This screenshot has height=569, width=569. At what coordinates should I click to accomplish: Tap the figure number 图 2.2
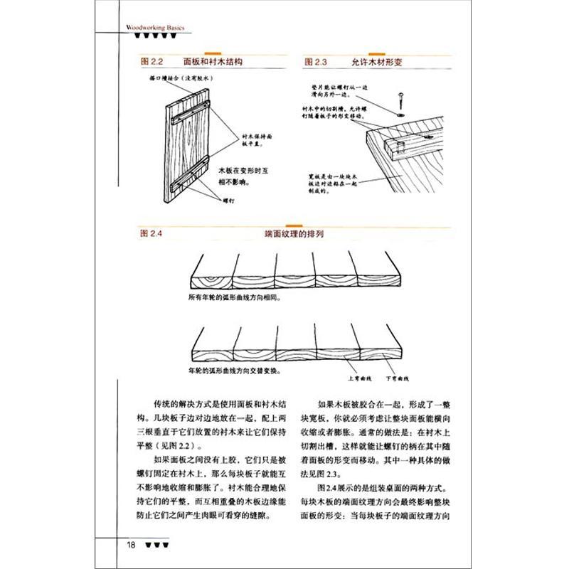pos(154,63)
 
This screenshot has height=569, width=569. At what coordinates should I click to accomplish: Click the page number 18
pos(132,546)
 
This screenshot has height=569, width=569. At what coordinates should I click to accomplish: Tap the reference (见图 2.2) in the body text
pos(174,445)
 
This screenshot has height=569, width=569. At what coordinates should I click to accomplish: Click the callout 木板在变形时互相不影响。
pos(238,176)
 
